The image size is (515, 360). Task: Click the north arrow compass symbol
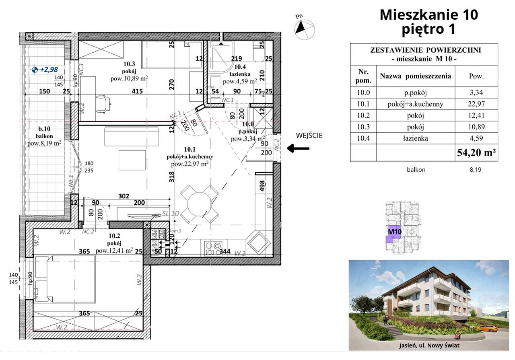304,27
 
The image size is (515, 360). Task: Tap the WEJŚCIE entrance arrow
298,148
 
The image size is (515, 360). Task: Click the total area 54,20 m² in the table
476,152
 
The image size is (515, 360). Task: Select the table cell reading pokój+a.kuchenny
415,104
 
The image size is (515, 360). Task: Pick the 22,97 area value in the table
476,104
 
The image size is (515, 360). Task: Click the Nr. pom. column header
363,76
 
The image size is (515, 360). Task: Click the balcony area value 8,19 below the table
476,170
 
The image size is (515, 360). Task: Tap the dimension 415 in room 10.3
138,92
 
